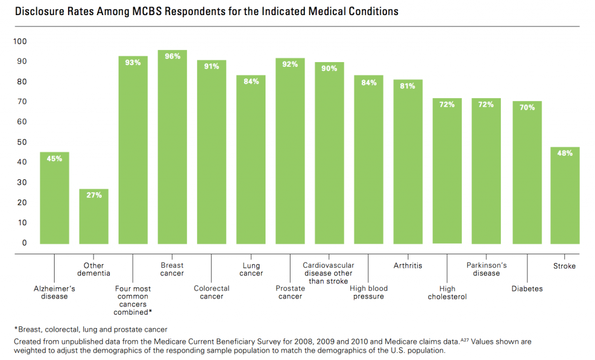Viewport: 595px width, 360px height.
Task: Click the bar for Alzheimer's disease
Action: point(54,198)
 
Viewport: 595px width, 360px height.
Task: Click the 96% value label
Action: point(173,56)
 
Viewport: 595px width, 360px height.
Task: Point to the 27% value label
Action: point(94,195)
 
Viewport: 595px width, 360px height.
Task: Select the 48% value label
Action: point(565,153)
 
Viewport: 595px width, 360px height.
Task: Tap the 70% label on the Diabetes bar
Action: point(526,107)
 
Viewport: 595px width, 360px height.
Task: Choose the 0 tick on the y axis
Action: point(24,243)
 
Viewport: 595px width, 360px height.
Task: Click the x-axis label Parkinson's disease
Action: point(486,269)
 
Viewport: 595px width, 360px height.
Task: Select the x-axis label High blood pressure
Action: point(369,293)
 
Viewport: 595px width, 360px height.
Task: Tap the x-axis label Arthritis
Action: point(407,266)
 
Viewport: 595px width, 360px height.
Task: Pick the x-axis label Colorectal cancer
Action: point(212,293)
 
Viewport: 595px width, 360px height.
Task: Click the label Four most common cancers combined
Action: point(133,300)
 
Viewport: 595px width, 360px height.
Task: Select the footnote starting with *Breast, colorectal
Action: point(90,329)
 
